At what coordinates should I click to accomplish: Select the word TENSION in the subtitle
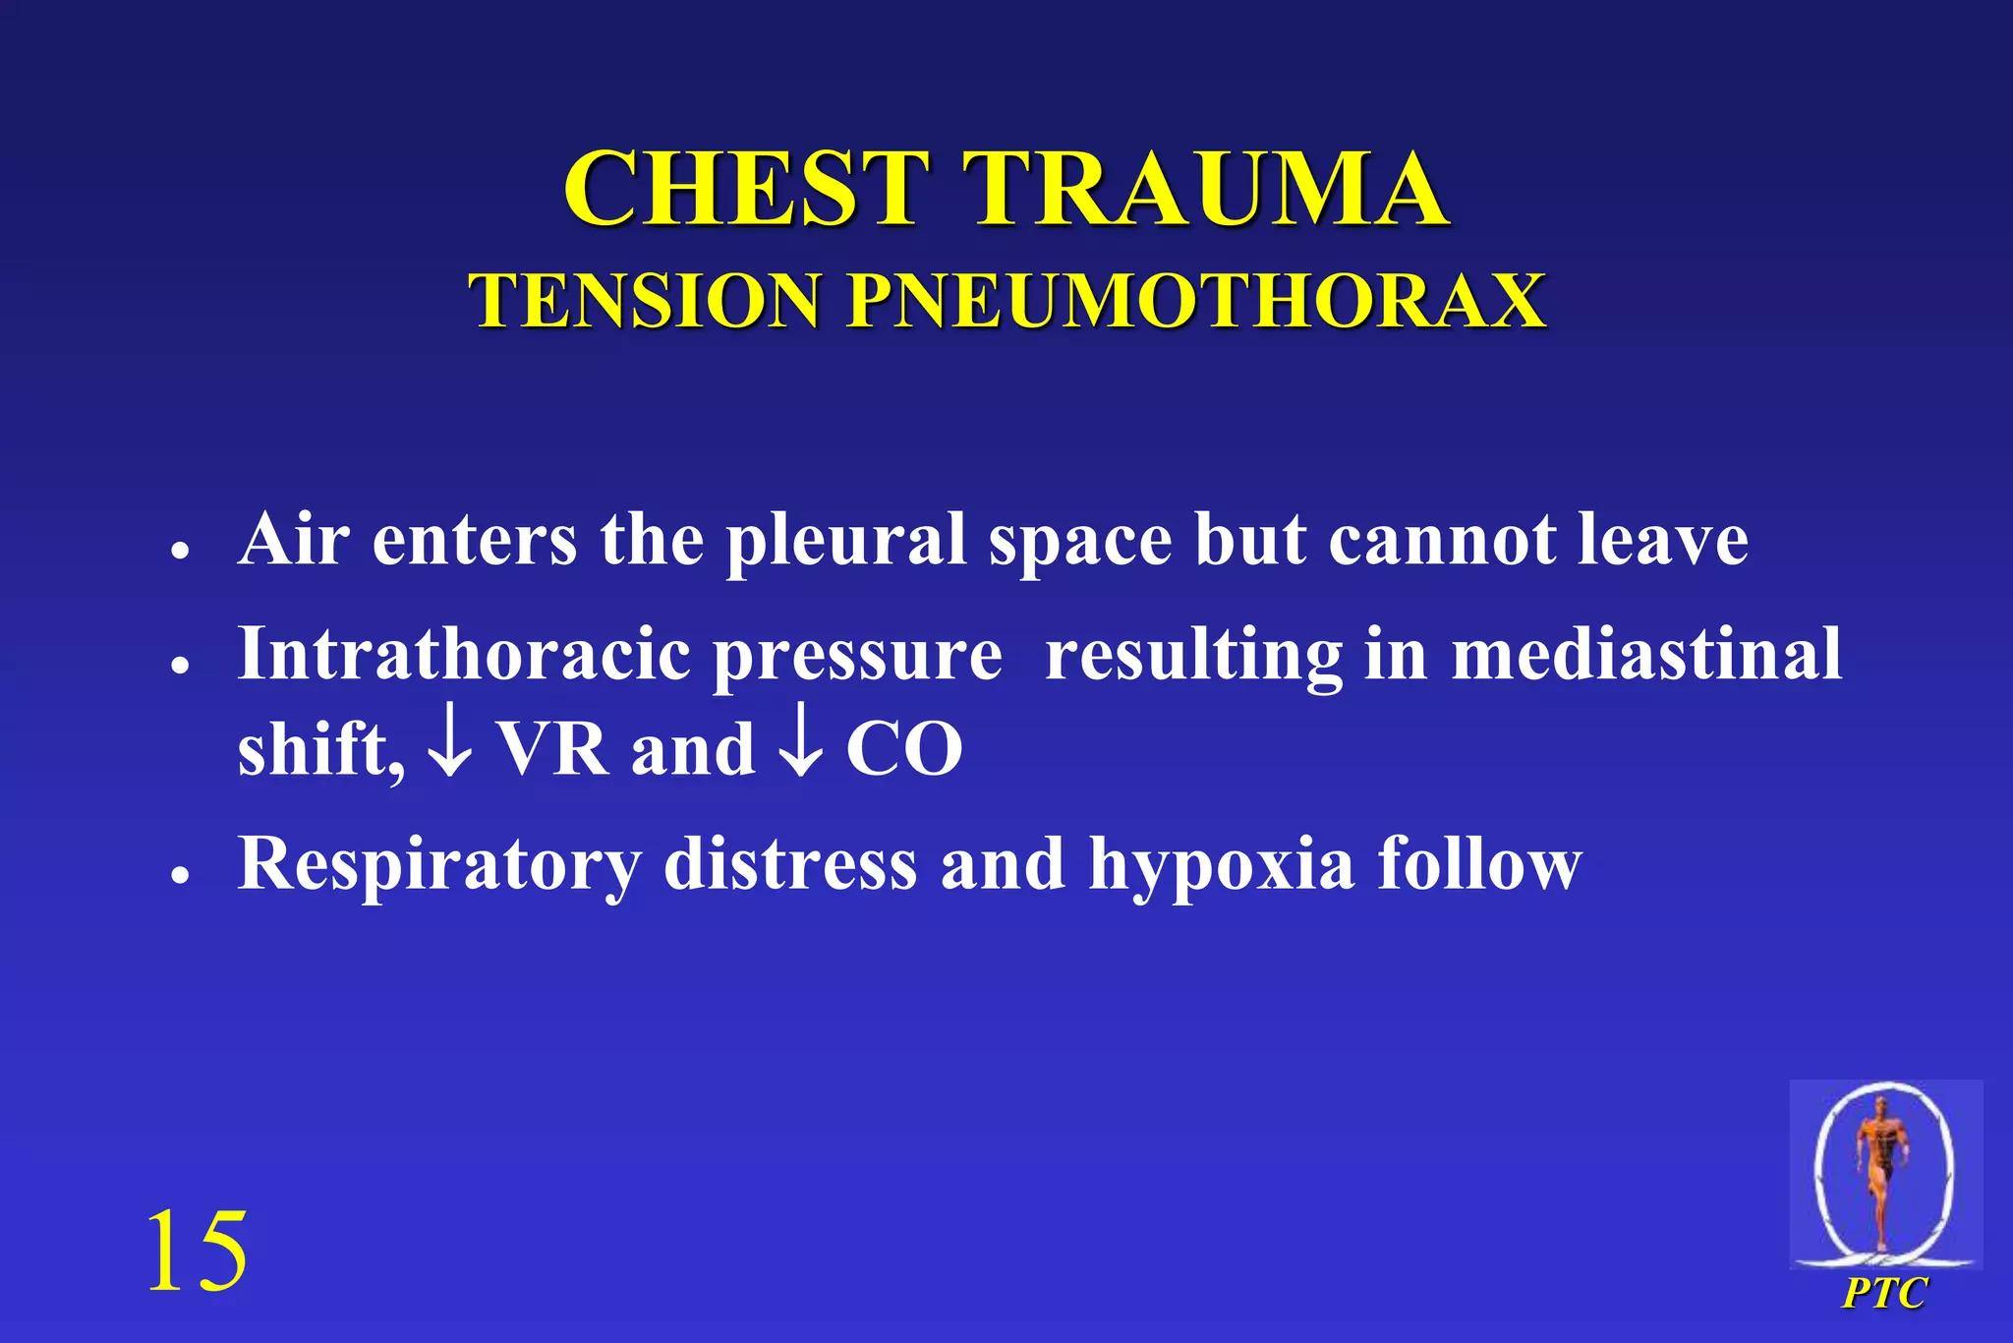coord(645,301)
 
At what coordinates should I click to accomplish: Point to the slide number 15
coord(197,1251)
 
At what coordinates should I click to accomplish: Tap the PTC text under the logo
coord(1884,1292)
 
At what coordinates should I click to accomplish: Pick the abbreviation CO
coord(903,749)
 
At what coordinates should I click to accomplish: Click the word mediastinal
coord(1646,653)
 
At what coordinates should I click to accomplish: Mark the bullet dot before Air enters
coord(179,550)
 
